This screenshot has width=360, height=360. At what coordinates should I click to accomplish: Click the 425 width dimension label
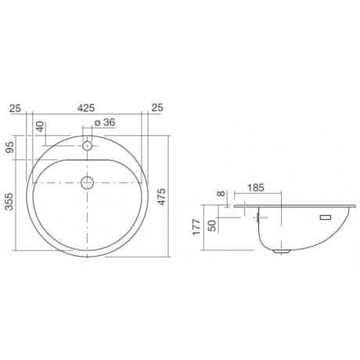86,108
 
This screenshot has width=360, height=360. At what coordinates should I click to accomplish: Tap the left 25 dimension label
15,108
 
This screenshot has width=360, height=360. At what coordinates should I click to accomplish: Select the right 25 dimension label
157,107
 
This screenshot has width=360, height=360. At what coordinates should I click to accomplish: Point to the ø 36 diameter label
105,122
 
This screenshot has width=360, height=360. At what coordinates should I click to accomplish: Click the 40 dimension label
40,127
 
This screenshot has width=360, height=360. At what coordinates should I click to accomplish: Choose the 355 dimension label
9,201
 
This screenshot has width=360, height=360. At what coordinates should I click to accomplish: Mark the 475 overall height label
162,196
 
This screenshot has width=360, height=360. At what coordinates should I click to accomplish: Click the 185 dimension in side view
256,188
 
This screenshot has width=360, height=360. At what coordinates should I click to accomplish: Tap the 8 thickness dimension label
221,193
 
